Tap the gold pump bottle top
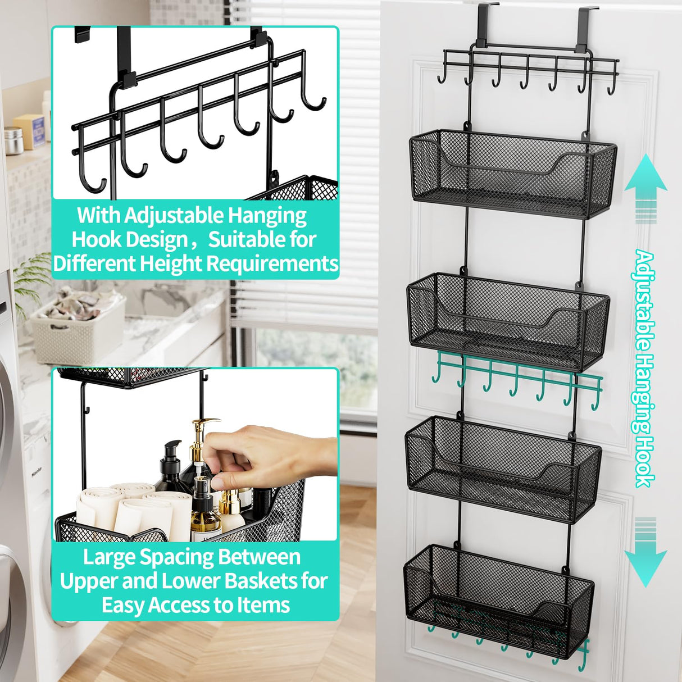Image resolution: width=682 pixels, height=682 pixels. (x=202, y=430)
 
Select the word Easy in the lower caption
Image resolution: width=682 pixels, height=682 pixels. (x=123, y=605)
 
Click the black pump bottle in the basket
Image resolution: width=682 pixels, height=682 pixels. (x=170, y=466)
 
